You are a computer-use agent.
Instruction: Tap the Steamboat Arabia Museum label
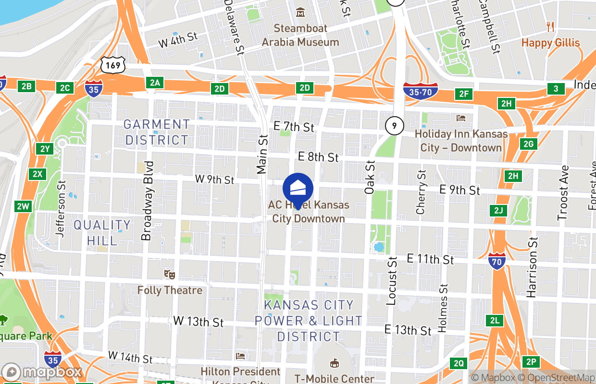300,36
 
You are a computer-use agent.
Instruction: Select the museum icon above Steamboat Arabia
300,12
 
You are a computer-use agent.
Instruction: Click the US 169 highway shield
113,65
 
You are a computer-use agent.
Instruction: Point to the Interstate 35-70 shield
420,91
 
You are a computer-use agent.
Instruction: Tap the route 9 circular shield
394,126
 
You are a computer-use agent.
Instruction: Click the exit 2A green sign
154,83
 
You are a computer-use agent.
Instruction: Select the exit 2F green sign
463,94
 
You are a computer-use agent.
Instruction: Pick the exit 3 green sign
556,89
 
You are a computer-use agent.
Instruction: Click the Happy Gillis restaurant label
550,43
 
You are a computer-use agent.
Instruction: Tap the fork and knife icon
551,27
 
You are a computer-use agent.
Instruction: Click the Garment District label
157,132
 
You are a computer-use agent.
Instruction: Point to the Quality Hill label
102,232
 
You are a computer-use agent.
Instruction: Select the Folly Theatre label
170,290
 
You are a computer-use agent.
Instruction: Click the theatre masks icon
169,275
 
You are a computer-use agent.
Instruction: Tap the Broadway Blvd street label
147,200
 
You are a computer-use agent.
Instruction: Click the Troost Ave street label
563,193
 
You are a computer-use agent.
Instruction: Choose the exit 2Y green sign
45,149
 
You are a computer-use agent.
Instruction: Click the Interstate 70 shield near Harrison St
497,261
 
